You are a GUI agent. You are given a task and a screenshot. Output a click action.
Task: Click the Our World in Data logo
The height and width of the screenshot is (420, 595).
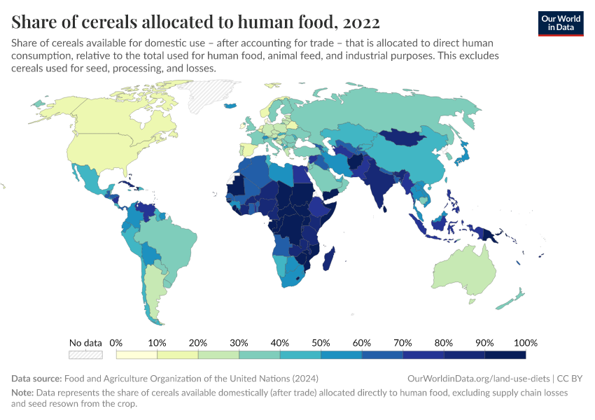click(x=560, y=22)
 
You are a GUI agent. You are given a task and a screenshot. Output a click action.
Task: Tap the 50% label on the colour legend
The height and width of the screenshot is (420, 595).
click(x=321, y=343)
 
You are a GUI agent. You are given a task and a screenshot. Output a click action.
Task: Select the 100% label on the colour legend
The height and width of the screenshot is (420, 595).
click(x=525, y=343)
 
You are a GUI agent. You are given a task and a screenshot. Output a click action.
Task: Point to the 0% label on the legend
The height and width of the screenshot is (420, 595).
click(x=116, y=343)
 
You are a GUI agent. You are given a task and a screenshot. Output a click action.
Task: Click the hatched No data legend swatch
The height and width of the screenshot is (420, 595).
click(x=85, y=355)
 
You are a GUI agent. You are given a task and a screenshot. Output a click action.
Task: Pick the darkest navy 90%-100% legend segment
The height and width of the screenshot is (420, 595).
click(x=505, y=355)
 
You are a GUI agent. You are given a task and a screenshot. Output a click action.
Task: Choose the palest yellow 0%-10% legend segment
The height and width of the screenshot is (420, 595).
click(x=136, y=355)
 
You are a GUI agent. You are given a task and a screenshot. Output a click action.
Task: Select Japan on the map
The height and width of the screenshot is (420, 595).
click(x=463, y=153)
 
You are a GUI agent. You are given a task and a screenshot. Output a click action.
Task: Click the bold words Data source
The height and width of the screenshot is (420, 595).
click(x=36, y=378)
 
